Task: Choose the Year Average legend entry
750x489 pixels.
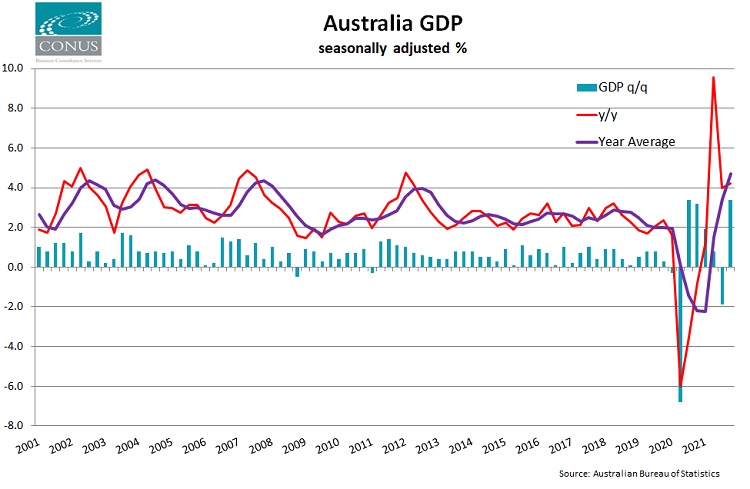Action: click(x=637, y=141)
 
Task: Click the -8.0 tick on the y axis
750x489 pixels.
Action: click(x=14, y=426)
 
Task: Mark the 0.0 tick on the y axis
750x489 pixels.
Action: click(x=16, y=267)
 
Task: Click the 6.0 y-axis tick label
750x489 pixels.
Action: click(x=16, y=148)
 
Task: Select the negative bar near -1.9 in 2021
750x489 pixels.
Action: click(x=722, y=285)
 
